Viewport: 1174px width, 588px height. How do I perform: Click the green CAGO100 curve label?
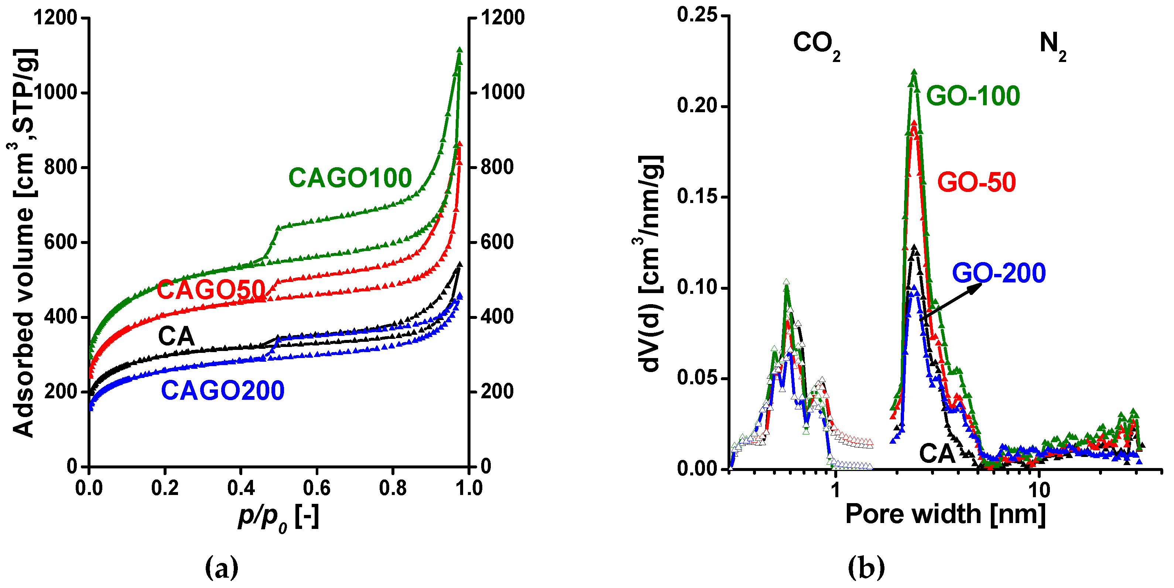(350, 178)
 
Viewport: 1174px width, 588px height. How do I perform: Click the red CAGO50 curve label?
(211, 290)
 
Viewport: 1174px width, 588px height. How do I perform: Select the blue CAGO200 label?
(223, 391)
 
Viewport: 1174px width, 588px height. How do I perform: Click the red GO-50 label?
(976, 183)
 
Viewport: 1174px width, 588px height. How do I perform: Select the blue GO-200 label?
(999, 273)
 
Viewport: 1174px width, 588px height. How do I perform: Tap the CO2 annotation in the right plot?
(816, 45)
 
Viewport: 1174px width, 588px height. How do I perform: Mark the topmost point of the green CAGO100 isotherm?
(459, 49)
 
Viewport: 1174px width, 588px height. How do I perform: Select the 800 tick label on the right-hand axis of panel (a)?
(497, 167)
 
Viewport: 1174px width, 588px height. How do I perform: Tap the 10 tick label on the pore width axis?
(1038, 490)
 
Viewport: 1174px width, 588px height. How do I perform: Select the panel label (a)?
(222, 567)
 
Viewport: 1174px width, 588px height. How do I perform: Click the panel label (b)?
(866, 567)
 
